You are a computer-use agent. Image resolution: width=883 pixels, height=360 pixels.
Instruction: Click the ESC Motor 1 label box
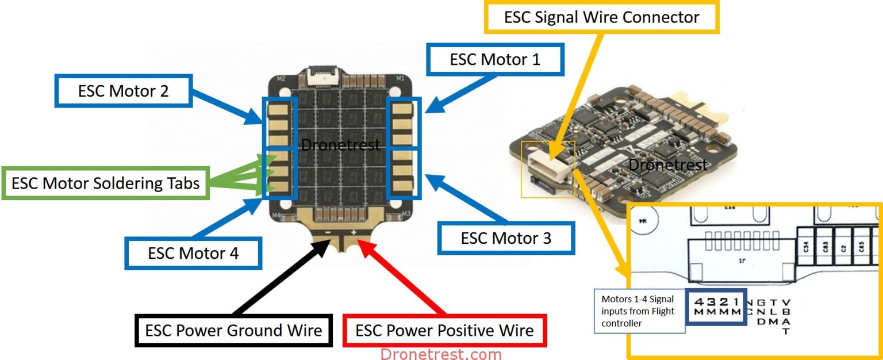click(494, 59)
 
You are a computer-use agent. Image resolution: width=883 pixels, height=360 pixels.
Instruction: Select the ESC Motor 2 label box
click(123, 90)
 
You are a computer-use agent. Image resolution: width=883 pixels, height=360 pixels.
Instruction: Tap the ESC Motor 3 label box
click(506, 238)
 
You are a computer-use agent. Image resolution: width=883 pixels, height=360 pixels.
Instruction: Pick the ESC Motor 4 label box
click(193, 252)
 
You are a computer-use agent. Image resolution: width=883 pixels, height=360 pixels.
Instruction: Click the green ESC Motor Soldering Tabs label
click(106, 183)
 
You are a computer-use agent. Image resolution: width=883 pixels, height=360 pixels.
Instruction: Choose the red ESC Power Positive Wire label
click(444, 330)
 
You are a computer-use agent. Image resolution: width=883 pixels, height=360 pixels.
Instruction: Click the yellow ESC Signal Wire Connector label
click(601, 17)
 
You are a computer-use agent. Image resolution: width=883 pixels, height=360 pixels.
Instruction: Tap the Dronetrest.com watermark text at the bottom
click(441, 354)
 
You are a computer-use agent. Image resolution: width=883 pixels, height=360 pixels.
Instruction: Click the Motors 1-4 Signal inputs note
click(638, 311)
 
